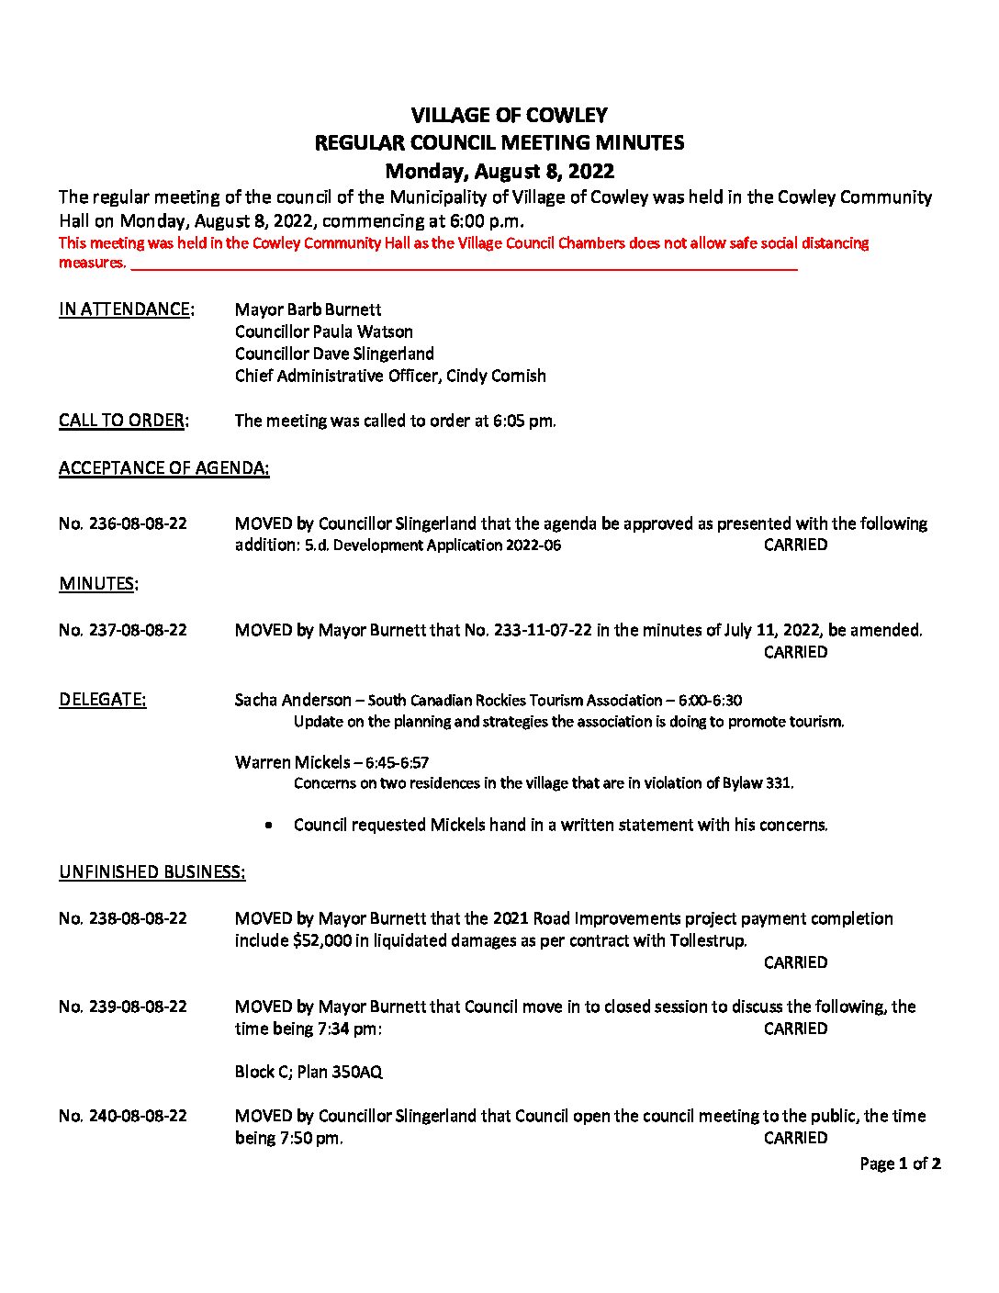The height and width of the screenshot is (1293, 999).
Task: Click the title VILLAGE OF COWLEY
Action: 509,115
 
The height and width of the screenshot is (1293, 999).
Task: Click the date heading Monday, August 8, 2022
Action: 499,171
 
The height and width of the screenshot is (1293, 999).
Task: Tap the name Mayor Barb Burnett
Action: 308,309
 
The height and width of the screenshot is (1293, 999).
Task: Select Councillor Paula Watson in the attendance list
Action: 323,332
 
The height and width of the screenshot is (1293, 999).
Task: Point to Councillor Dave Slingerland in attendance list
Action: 334,354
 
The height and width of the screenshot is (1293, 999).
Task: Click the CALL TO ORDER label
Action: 123,421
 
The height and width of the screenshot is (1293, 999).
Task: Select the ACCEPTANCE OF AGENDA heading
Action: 163,468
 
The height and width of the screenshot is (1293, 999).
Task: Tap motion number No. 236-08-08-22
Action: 123,523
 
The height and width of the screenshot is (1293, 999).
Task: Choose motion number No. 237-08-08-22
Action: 123,630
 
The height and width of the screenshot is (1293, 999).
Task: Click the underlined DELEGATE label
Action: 102,700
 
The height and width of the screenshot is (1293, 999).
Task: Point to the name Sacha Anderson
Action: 293,700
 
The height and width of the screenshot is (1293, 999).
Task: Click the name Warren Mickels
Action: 292,762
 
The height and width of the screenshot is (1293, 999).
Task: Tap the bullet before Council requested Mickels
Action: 268,826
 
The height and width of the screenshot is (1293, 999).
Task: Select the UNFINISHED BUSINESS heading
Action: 152,872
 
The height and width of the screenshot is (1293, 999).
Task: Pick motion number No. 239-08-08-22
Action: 123,1006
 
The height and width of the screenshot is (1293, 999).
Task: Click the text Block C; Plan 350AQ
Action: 309,1072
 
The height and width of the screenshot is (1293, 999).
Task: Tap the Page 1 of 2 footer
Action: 900,1164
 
